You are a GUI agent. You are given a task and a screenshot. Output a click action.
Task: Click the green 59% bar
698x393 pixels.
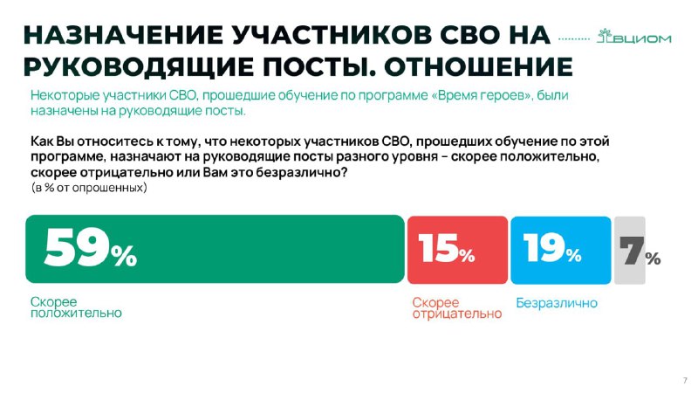(x=215, y=249)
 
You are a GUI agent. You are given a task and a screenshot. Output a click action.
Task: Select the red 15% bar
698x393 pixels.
(x=457, y=250)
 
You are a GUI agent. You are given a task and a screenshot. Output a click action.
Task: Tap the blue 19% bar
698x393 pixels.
(x=561, y=250)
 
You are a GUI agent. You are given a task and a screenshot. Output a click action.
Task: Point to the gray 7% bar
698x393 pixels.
(x=629, y=250)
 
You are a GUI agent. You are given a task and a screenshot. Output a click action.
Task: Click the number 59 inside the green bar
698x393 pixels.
(x=77, y=248)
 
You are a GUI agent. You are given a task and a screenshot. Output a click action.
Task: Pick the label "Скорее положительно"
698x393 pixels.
(x=76, y=307)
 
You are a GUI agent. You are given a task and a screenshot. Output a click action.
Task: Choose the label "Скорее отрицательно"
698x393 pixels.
(x=456, y=308)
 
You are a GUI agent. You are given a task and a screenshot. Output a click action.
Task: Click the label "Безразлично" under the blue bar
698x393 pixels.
(x=557, y=303)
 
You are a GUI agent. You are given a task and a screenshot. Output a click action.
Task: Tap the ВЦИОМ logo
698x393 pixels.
(x=634, y=37)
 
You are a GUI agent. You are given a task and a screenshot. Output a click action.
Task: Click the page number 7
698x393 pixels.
(x=685, y=381)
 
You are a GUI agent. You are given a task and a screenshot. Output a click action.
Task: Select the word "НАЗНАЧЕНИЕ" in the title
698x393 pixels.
(x=123, y=36)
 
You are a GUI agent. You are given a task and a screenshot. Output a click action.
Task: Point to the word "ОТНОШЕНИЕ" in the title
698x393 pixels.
(x=478, y=67)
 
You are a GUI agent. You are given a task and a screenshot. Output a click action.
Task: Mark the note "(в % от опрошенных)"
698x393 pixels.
(x=89, y=188)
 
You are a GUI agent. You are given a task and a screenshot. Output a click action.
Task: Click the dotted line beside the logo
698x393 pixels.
(x=574, y=38)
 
